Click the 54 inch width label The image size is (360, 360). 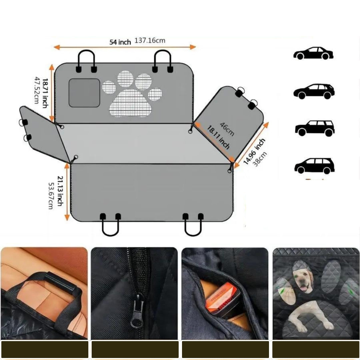pos(120,42)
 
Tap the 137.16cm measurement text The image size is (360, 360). pos(150,41)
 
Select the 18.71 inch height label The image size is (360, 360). pos(45,93)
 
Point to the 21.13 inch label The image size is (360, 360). pos(60,191)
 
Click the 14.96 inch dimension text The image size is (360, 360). pos(254,151)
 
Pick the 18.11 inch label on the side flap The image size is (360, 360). pos(218,137)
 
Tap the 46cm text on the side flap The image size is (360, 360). pos(227,129)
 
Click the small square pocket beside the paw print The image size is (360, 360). pos(84,93)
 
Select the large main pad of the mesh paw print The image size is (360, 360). pos(131,103)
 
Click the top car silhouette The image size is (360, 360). pos(313,53)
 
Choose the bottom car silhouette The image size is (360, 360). pos(314,166)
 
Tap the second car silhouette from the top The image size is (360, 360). pos(314,91)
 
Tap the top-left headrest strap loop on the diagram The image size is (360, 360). pos(86,51)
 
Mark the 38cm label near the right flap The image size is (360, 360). pos(260,159)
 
